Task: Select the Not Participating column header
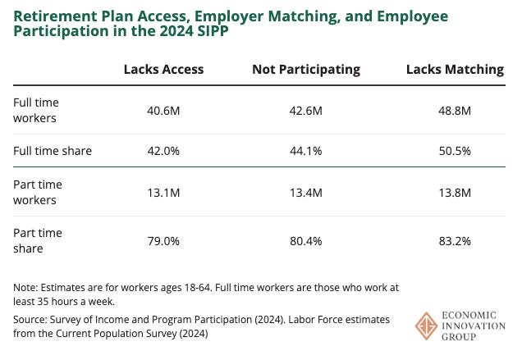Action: (306, 70)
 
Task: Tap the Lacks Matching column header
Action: (455, 70)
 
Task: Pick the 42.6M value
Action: (306, 111)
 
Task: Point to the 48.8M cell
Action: (455, 111)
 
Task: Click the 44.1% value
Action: (306, 151)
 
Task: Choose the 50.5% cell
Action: (455, 151)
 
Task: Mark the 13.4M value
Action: (306, 192)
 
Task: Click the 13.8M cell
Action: (455, 192)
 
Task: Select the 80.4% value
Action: (306, 241)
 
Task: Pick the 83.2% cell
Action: (455, 241)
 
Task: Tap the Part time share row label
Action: (38, 241)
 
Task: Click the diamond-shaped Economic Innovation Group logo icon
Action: (427, 326)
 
